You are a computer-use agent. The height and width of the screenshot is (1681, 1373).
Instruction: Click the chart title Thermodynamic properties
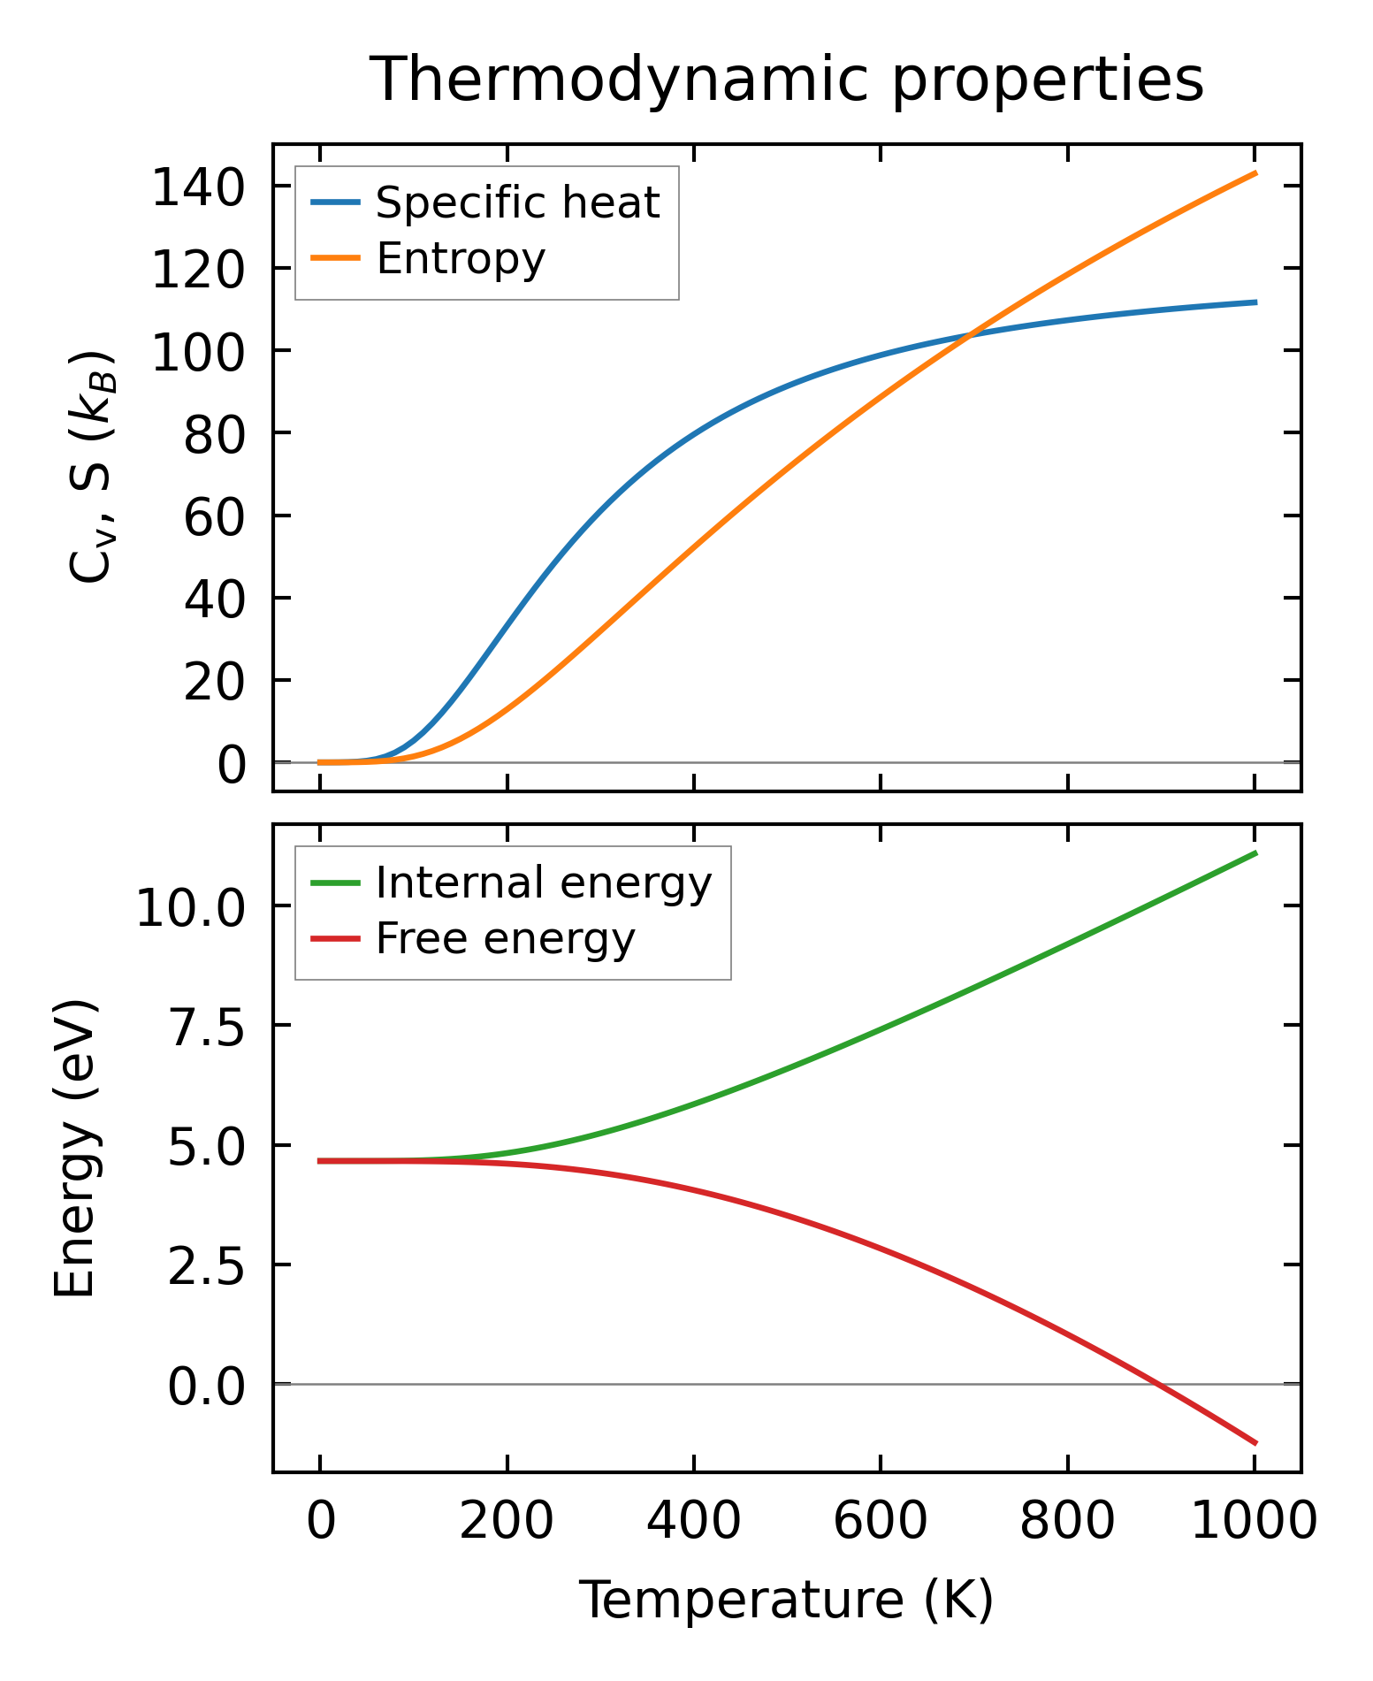point(786,80)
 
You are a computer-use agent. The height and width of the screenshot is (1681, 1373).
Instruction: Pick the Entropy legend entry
point(461,259)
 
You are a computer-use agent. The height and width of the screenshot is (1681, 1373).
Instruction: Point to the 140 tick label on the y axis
point(198,188)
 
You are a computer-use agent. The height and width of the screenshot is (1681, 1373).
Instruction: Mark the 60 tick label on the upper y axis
point(213,517)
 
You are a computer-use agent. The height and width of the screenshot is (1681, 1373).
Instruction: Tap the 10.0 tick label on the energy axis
point(189,908)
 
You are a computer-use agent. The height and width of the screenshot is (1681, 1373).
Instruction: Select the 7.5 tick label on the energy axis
point(205,1028)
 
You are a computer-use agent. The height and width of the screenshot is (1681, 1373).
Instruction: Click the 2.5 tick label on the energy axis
point(205,1267)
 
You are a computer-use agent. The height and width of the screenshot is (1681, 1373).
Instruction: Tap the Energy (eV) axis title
point(74,1149)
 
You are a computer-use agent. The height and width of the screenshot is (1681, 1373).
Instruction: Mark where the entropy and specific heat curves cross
point(970,334)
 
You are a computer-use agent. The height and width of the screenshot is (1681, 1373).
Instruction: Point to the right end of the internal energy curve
point(1255,852)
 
